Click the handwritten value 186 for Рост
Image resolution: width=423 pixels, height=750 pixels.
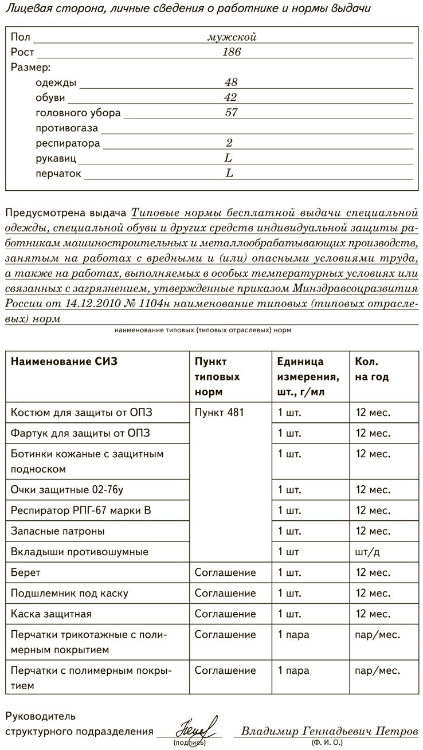tap(232, 52)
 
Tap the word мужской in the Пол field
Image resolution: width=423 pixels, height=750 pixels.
tap(232, 37)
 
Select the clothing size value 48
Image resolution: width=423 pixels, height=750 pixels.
tap(232, 83)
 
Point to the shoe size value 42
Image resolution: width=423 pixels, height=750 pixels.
tap(231, 97)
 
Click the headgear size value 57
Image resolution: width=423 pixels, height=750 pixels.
tap(232, 113)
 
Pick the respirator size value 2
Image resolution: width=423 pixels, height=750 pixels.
tap(229, 143)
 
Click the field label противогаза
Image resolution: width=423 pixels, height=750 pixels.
tap(67, 128)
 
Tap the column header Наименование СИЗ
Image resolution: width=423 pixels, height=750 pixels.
tap(68, 362)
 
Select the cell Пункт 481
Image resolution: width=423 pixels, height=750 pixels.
tap(220, 413)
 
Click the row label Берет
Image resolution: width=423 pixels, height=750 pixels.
tap(26, 572)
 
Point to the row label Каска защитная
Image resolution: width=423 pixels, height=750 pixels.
tap(51, 614)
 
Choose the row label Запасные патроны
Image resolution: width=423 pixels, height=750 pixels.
tap(57, 531)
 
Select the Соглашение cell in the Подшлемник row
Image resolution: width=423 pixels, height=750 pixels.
tap(225, 593)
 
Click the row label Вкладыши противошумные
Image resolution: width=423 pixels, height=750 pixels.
tap(80, 552)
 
